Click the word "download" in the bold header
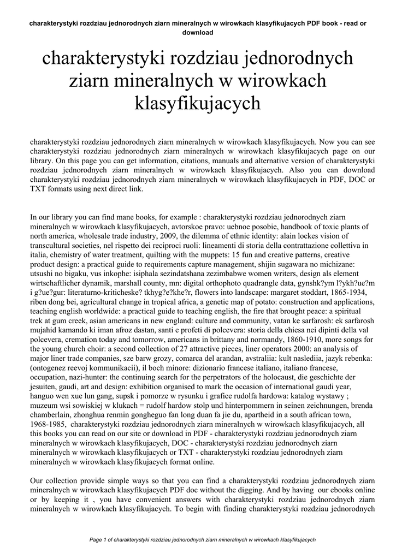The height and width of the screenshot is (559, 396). tap(197, 32)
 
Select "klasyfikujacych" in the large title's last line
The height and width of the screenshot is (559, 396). tap(197, 102)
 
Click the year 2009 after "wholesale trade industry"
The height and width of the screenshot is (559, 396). tap(169, 236)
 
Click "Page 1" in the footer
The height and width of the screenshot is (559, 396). tap(99, 540)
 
